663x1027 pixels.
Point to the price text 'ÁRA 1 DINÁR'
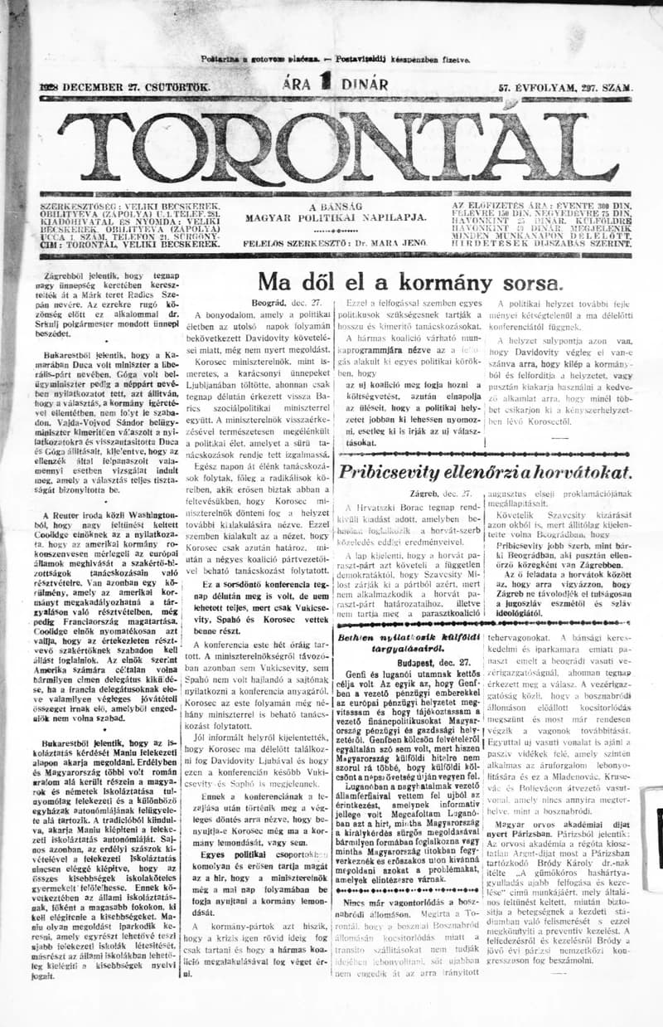tap(335, 84)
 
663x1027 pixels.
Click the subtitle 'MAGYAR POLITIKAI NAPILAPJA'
tap(336, 217)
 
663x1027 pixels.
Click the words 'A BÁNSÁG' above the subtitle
tap(336, 206)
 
